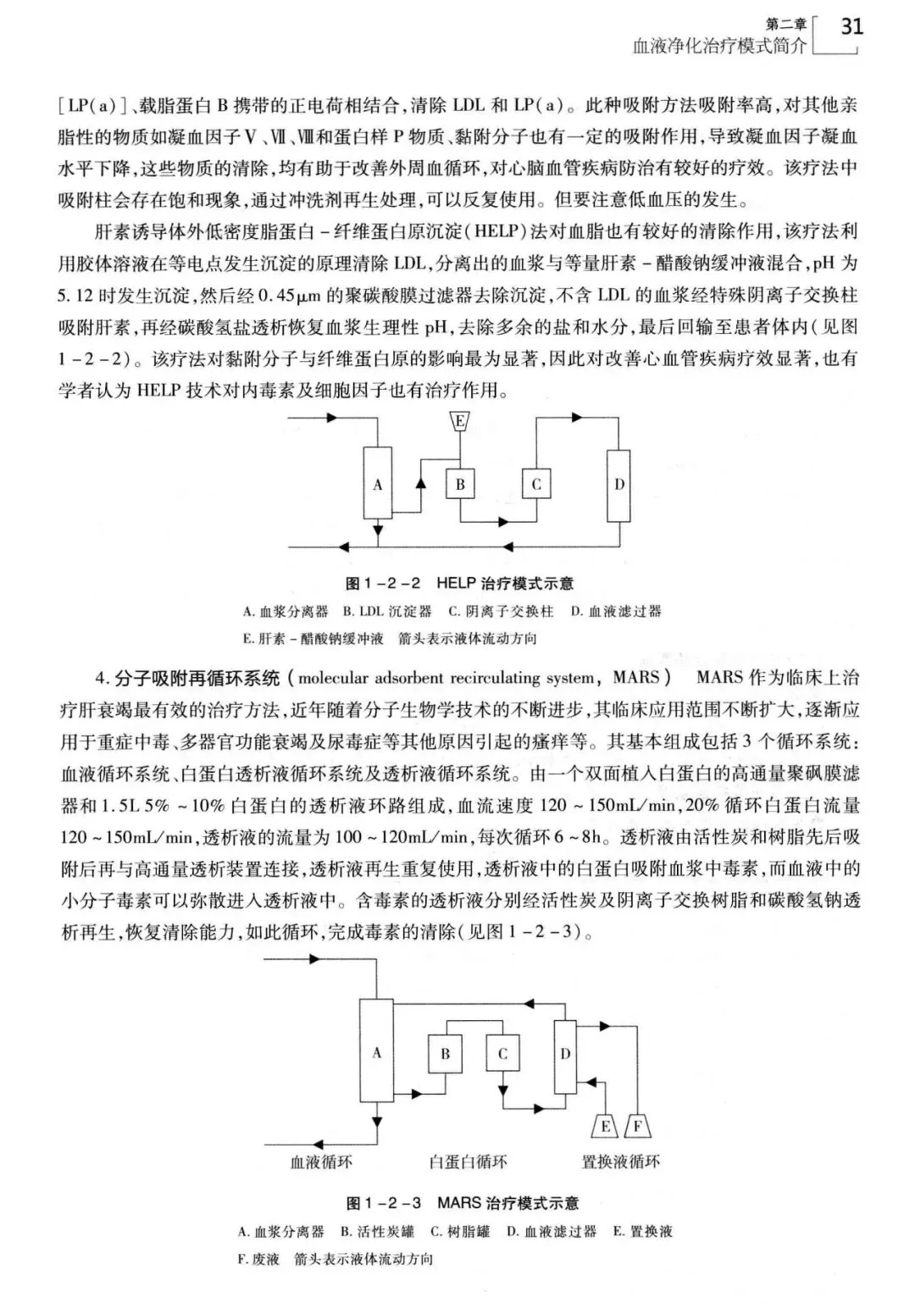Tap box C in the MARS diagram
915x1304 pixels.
(502, 1054)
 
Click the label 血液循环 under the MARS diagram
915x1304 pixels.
(321, 1162)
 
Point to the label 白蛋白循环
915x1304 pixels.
(468, 1162)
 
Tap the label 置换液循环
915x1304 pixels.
(620, 1162)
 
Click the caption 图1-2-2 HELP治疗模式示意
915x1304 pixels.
(460, 583)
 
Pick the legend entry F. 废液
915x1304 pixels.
(259, 1259)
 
